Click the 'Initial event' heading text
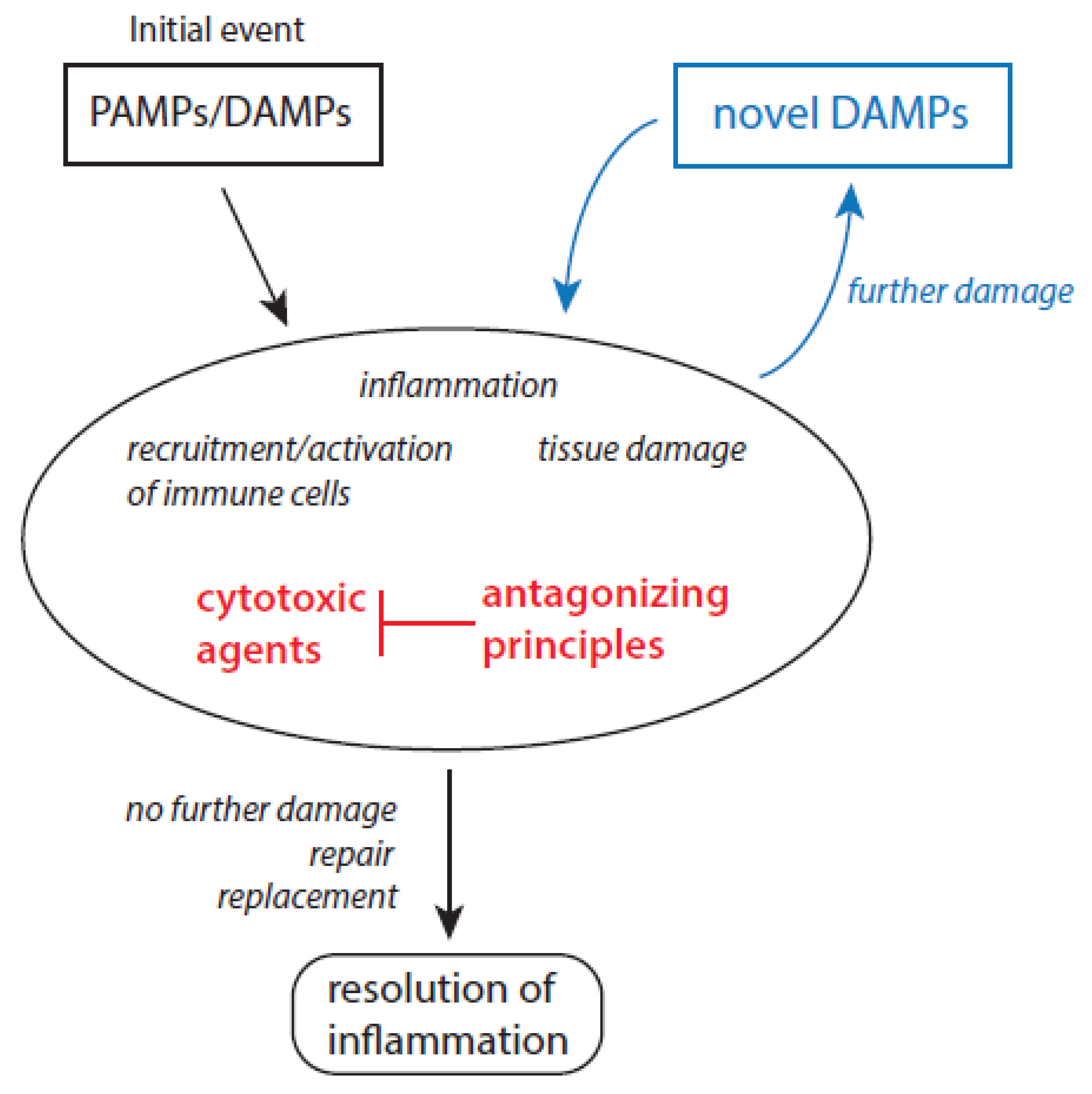point(217,29)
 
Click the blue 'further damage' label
point(959,292)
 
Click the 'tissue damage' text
point(641,450)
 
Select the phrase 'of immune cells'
point(238,494)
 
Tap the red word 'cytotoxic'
point(281,599)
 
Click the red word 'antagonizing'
point(605,596)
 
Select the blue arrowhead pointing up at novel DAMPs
point(850,201)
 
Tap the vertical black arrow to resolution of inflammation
point(449,850)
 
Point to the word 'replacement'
point(307,897)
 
